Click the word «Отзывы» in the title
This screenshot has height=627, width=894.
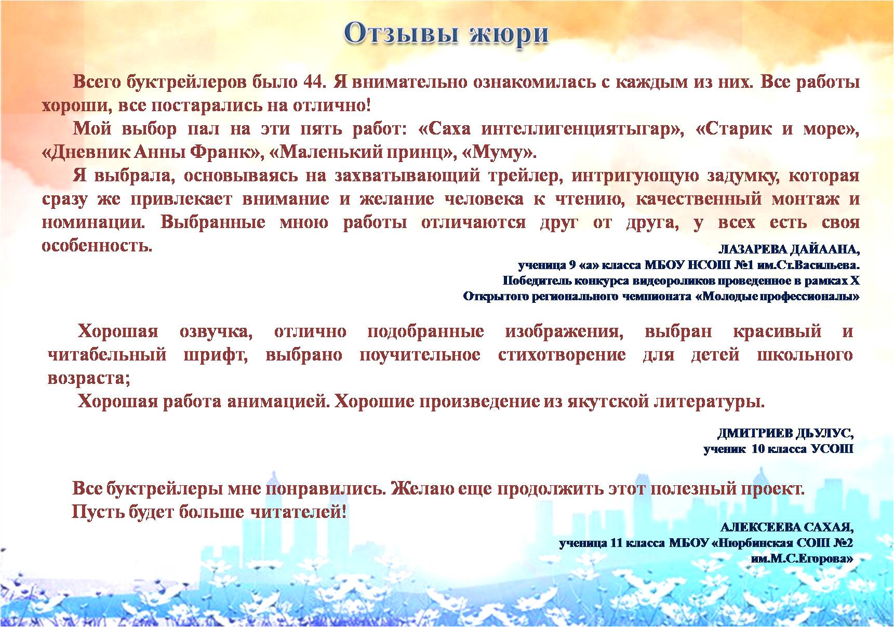coord(400,33)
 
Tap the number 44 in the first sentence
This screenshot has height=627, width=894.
coord(314,82)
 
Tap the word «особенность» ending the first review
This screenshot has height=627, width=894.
coord(97,245)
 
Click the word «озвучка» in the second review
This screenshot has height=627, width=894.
coord(216,332)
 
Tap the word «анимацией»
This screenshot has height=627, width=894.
coord(276,402)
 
